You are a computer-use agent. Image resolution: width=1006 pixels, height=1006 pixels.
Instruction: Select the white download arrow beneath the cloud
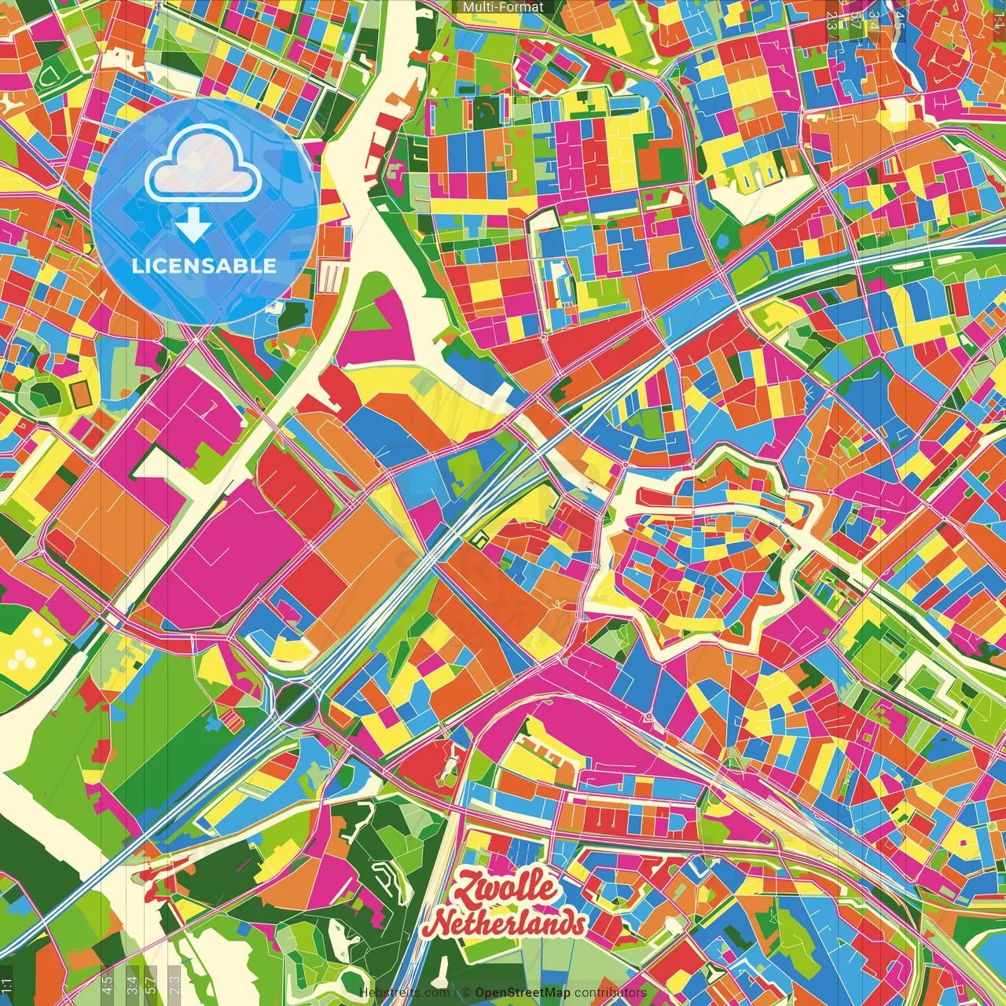(x=193, y=225)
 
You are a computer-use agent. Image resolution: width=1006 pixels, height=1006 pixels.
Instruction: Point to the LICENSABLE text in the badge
(x=204, y=266)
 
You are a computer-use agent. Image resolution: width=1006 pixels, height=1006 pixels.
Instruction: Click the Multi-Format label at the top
(x=503, y=7)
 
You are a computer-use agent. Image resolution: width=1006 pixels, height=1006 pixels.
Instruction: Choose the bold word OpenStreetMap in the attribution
(x=523, y=993)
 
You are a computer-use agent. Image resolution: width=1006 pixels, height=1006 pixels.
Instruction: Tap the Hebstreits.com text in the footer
(x=404, y=993)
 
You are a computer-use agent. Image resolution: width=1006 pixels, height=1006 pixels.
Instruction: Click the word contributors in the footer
(x=611, y=993)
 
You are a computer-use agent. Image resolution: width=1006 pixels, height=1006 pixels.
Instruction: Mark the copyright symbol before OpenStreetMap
(x=466, y=993)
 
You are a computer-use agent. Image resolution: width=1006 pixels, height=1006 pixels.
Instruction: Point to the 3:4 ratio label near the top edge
(x=873, y=20)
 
